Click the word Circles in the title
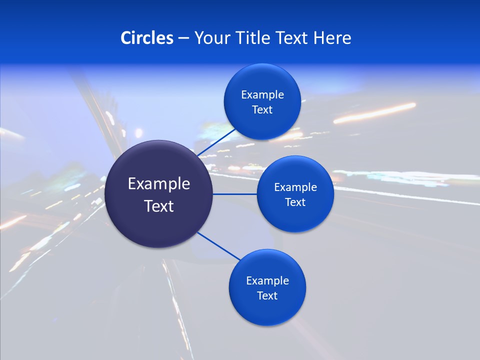pos(146,38)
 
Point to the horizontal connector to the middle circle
pos(234,194)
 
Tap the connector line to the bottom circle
pos(218,245)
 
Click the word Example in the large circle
pos(159,184)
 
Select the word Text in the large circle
pos(159,206)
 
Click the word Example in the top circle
pos(262,95)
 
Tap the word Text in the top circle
pos(262,110)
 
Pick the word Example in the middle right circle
pos(295,187)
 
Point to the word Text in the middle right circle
pos(295,202)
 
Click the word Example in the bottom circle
pos(267,281)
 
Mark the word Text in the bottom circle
pos(267,296)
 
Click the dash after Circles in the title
pos(183,38)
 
